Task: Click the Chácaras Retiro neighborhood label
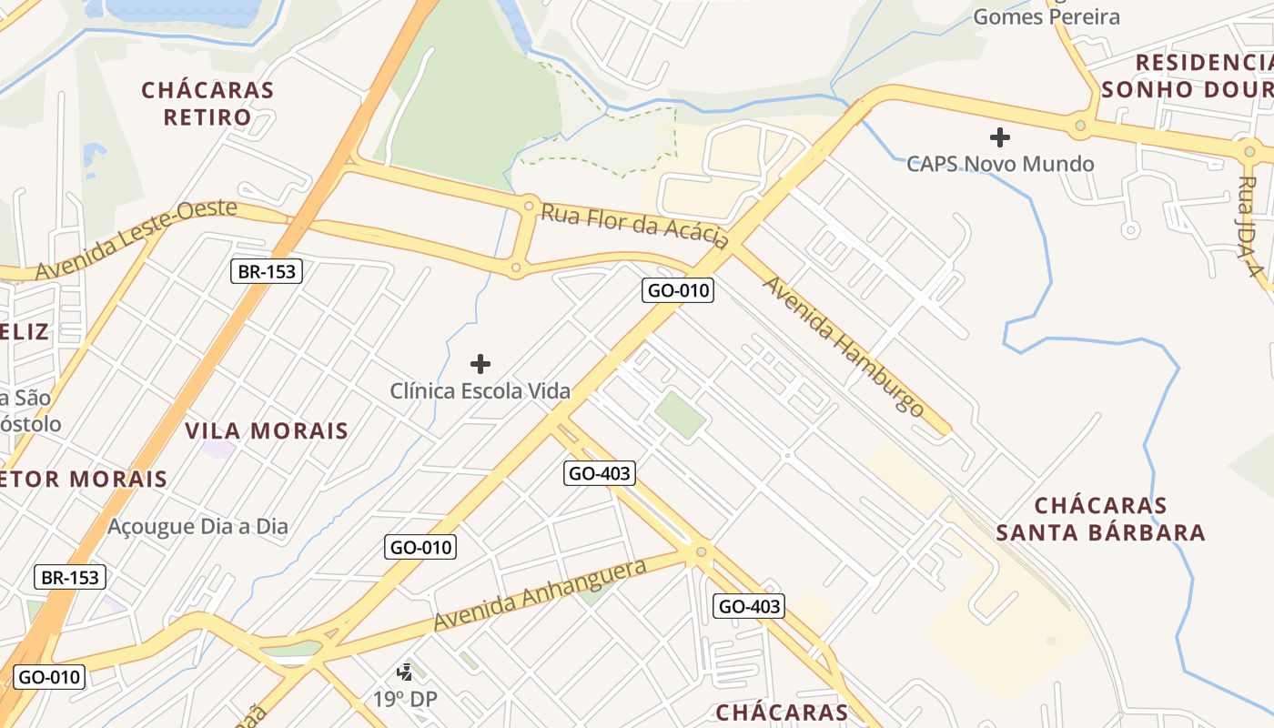coord(207,104)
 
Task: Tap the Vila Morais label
coord(267,430)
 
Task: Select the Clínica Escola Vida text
coord(480,391)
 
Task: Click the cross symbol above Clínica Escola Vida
coord(480,365)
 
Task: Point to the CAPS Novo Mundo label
coord(1000,164)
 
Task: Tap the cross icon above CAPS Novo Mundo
coord(1000,138)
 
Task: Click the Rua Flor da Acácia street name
coord(634,225)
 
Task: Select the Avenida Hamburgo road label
coord(843,346)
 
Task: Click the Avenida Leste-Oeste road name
coord(136,239)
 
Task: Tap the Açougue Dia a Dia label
coord(197,526)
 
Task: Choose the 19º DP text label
coord(406,699)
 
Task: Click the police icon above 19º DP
coord(405,673)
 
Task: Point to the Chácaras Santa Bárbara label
coord(1101,519)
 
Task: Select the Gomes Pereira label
coord(1046,16)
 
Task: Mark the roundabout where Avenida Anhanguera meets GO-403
coord(701,551)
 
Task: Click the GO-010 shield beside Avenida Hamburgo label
coord(678,291)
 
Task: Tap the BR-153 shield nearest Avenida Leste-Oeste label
coord(266,270)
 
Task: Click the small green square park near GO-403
coord(680,414)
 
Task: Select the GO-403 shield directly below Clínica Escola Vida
coord(599,472)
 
